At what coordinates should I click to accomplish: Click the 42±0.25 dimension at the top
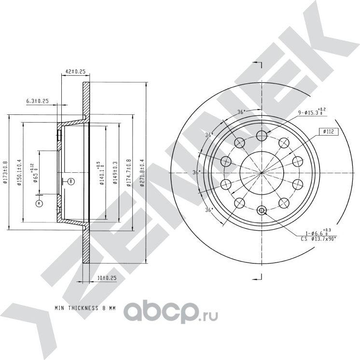coord(75,71)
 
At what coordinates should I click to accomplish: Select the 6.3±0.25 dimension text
coord(38,101)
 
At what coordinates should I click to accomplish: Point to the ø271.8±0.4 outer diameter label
coord(141,172)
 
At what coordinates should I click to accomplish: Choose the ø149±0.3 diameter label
coord(114,172)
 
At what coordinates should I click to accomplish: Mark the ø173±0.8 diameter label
coord(5,172)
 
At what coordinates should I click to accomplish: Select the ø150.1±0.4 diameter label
coord(19,172)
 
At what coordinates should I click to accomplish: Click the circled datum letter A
coord(40,204)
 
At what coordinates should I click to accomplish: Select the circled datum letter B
coord(71,181)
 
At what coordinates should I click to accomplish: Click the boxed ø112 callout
coord(328,131)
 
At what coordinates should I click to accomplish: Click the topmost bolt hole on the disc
coord(261,135)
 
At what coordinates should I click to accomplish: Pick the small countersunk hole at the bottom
coord(261,210)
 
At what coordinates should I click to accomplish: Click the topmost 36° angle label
coord(241,112)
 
